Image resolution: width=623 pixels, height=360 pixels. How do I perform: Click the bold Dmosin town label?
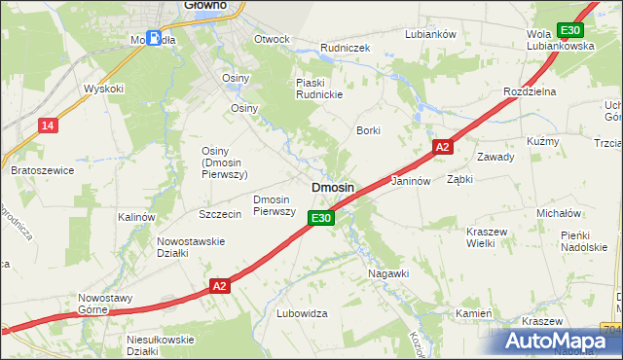332,187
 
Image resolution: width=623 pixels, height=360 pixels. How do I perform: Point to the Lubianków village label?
430,34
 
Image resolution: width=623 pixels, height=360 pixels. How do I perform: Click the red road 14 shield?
48,126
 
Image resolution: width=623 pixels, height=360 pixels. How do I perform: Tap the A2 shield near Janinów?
442,147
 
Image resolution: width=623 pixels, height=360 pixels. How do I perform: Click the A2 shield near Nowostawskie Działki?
220,286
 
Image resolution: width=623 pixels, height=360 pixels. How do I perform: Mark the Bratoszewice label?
42,170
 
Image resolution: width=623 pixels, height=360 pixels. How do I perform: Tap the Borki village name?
368,130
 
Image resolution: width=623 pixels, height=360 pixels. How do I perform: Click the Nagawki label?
388,274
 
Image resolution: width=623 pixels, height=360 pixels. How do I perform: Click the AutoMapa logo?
557,341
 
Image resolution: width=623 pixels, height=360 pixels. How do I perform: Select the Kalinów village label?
136,217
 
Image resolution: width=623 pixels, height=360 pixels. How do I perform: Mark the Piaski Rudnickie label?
321,89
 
